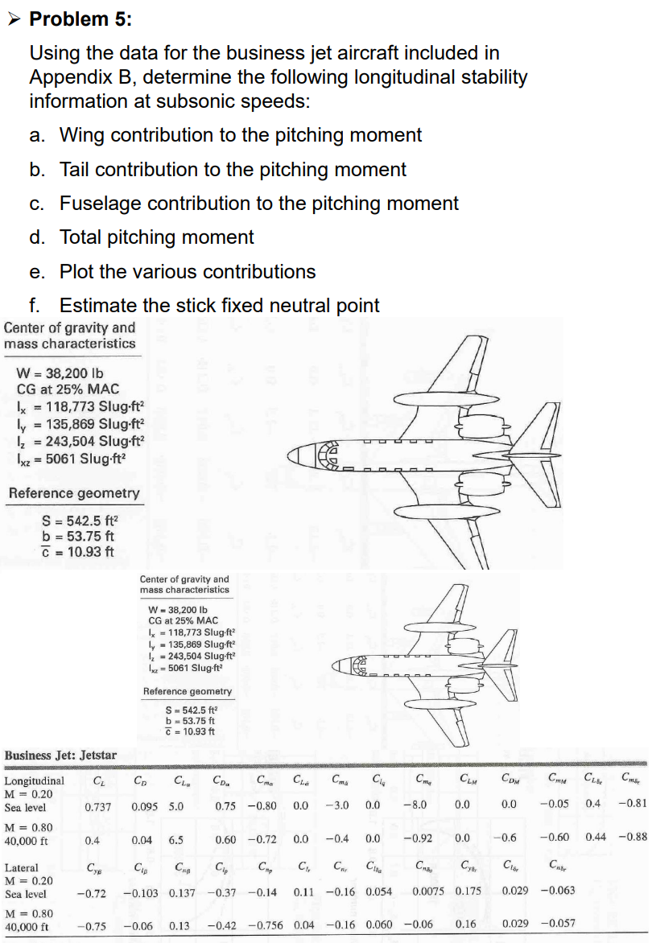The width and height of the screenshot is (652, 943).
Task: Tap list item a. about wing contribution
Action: click(240, 135)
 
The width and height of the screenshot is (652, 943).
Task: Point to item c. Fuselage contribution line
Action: click(258, 204)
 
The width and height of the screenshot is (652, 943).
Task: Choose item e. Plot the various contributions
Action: click(188, 272)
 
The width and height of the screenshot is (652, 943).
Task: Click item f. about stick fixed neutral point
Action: click(219, 306)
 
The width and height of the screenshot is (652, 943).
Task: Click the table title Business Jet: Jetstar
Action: click(60, 756)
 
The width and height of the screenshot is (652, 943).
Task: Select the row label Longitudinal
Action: click(35, 780)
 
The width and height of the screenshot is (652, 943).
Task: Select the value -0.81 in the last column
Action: click(634, 804)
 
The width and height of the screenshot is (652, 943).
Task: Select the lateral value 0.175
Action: click(470, 892)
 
